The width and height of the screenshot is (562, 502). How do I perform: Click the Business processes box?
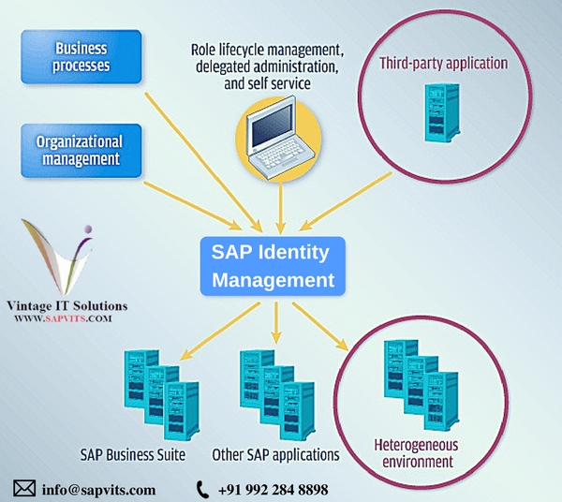[x=81, y=56]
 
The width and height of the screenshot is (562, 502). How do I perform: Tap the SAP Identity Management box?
[x=273, y=265]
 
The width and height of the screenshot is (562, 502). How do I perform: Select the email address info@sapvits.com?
[x=98, y=489]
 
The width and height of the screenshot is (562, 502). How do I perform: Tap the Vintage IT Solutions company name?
[x=66, y=305]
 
